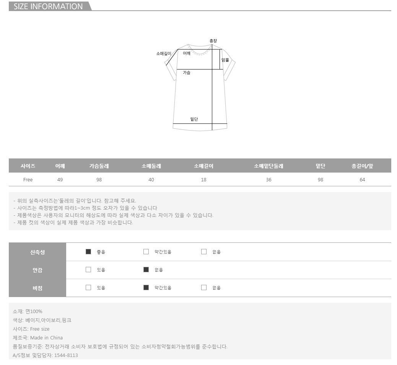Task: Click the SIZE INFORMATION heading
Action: click(x=48, y=6)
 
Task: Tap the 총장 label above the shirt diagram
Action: click(x=213, y=41)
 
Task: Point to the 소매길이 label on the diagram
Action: click(x=164, y=53)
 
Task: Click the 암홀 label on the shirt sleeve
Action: click(x=225, y=60)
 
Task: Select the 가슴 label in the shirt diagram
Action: click(x=186, y=73)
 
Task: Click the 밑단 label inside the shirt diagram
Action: click(x=194, y=119)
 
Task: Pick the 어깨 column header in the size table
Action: click(x=60, y=166)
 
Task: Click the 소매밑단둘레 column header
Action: click(x=268, y=166)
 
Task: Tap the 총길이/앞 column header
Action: click(x=362, y=166)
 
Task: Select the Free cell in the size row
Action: click(x=28, y=180)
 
